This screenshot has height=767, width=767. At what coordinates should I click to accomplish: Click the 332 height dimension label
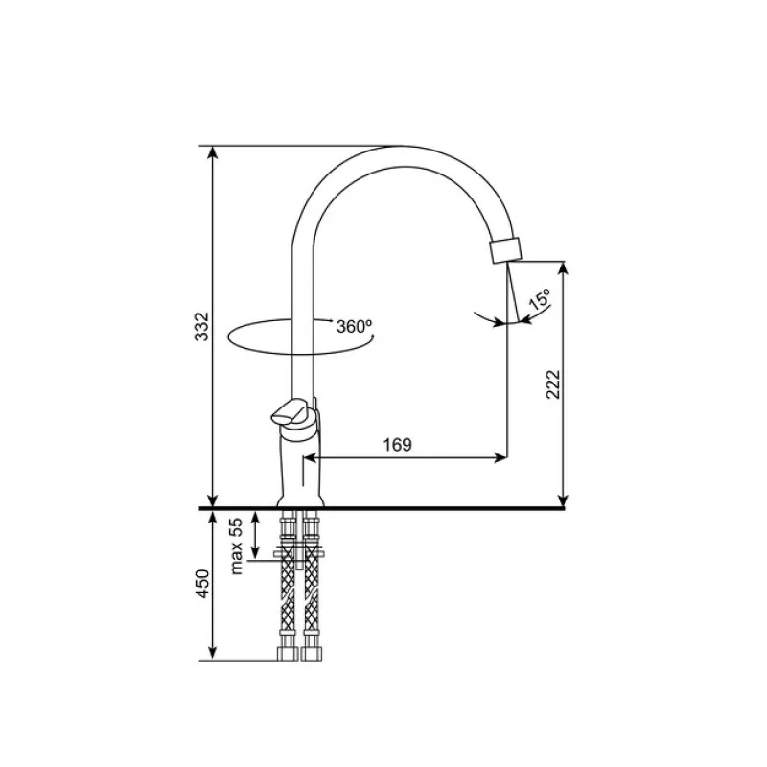pyautogui.click(x=201, y=326)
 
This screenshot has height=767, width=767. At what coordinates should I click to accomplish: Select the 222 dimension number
pyautogui.click(x=553, y=384)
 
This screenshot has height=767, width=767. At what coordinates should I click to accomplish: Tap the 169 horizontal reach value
pyautogui.click(x=398, y=445)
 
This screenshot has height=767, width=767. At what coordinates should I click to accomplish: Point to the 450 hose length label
pyautogui.click(x=202, y=583)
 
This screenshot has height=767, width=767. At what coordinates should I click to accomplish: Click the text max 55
pyautogui.click(x=236, y=546)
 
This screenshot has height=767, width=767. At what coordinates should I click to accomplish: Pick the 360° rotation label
pyautogui.click(x=354, y=326)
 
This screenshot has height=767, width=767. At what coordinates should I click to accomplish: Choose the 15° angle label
pyautogui.click(x=539, y=299)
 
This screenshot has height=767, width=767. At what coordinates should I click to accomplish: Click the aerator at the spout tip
pyautogui.click(x=505, y=250)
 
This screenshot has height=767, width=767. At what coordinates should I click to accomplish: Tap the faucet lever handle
pyautogui.click(x=291, y=412)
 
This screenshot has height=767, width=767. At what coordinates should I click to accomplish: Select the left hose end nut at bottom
pyautogui.click(x=287, y=654)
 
